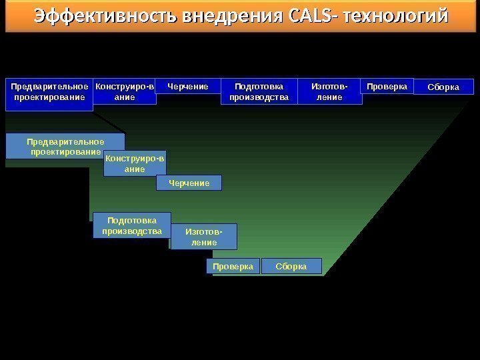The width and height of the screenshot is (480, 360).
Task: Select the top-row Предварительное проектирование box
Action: (x=49, y=92)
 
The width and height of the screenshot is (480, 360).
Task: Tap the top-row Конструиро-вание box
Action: (x=125, y=92)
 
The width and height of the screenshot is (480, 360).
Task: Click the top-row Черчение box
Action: (x=188, y=87)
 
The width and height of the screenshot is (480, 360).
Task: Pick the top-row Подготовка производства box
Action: (x=259, y=92)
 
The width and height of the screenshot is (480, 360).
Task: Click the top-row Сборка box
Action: (x=443, y=87)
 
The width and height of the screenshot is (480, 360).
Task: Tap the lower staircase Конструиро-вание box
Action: (x=135, y=163)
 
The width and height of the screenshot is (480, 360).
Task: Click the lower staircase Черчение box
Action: (x=189, y=183)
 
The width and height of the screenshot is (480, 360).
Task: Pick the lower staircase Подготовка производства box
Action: (x=132, y=225)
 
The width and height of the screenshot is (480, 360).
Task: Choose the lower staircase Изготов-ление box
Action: (x=204, y=237)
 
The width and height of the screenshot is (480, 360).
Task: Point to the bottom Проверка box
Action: (x=233, y=267)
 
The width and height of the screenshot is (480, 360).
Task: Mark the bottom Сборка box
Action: (x=291, y=267)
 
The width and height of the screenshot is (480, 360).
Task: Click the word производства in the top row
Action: (x=259, y=97)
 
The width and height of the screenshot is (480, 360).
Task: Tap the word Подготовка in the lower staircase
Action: (x=132, y=220)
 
